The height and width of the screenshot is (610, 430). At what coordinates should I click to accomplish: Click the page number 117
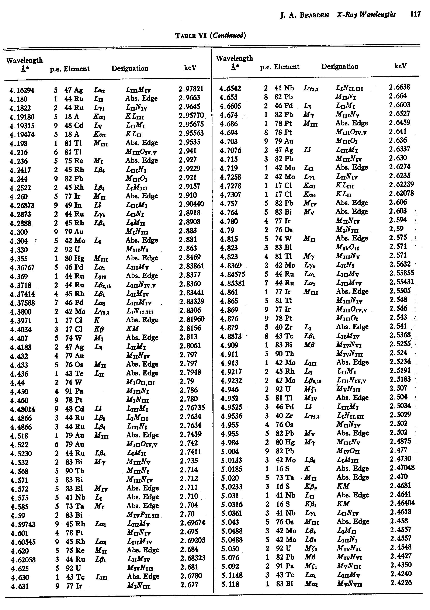pos(415,14)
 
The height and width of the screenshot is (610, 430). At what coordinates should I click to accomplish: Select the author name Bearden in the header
pos(314,15)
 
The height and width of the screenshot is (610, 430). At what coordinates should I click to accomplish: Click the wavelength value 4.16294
pos(22,91)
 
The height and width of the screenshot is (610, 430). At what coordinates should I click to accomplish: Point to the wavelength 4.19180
pos(22,117)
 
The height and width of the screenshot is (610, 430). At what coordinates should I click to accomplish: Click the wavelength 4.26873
pos(22,206)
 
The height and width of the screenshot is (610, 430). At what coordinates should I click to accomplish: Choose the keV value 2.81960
pos(192,319)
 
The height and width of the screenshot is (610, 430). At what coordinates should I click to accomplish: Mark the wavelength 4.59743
pos(23,524)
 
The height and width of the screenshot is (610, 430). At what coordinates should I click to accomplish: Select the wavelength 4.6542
pos(230,88)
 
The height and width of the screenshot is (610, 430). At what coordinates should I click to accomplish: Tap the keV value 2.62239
pos(402,184)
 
